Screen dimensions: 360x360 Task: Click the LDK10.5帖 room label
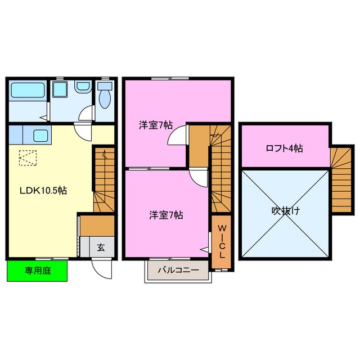(x=43, y=191)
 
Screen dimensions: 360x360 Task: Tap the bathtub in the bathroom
(x=28, y=90)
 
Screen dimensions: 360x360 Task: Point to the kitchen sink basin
(x=40, y=135)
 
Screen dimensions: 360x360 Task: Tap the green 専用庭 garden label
(x=37, y=271)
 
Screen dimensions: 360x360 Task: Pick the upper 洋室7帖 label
(x=156, y=125)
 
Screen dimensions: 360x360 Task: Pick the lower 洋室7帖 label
(x=165, y=214)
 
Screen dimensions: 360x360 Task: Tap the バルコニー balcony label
(x=177, y=270)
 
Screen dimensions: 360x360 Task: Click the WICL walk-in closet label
(x=222, y=241)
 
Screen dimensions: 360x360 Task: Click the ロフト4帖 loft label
(x=284, y=148)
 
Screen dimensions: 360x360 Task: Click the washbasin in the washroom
(x=83, y=87)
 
